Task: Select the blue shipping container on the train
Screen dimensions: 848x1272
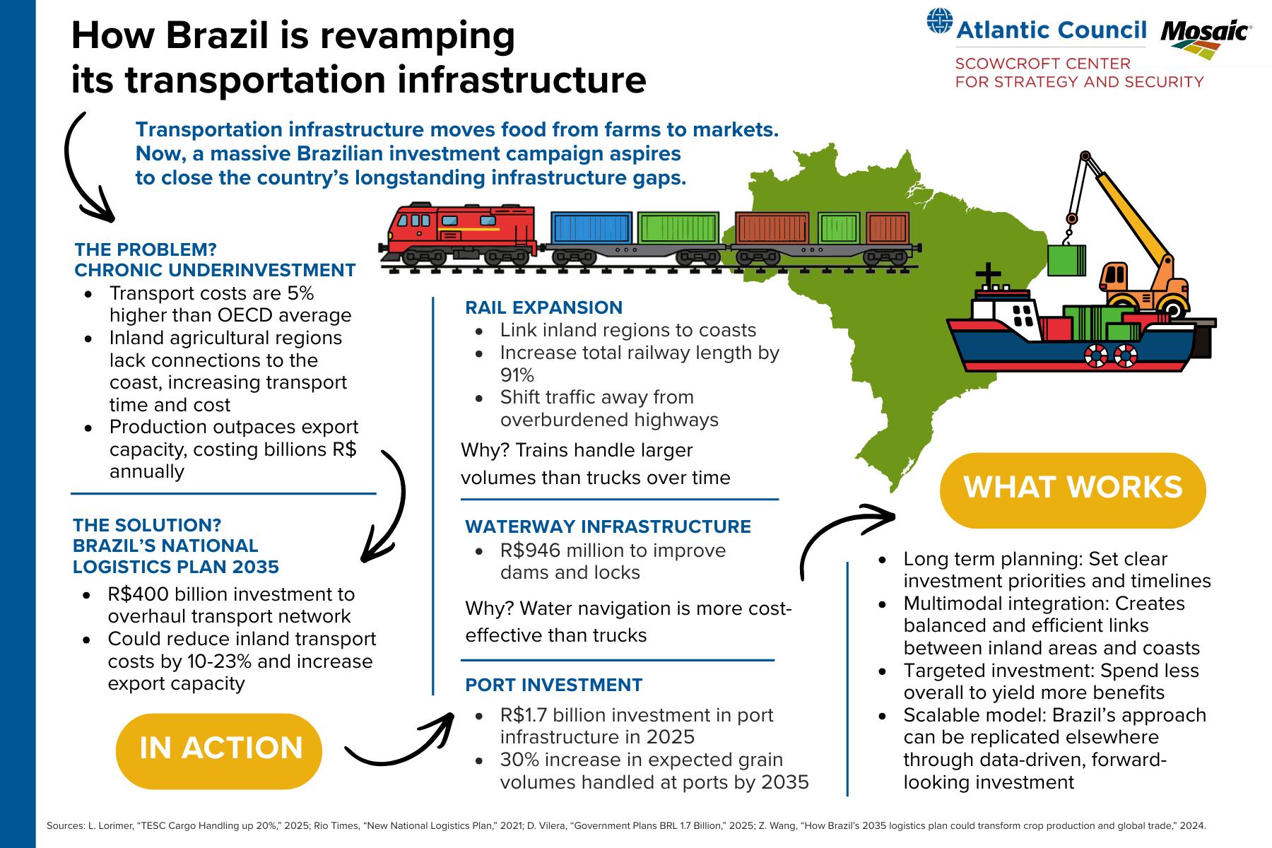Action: pyautogui.click(x=591, y=228)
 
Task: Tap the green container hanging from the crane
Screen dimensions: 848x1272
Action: pyautogui.click(x=1066, y=260)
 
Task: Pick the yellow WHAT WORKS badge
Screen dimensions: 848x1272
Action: pyautogui.click(x=1072, y=488)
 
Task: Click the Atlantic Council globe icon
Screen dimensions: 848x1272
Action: pyautogui.click(x=940, y=22)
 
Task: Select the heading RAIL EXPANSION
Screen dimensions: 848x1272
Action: pyautogui.click(x=543, y=307)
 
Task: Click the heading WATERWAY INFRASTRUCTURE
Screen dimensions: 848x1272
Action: pyautogui.click(x=607, y=526)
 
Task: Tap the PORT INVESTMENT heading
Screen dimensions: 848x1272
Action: pyautogui.click(x=553, y=685)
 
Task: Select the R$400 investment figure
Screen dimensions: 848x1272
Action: pyautogui.click(x=139, y=594)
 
